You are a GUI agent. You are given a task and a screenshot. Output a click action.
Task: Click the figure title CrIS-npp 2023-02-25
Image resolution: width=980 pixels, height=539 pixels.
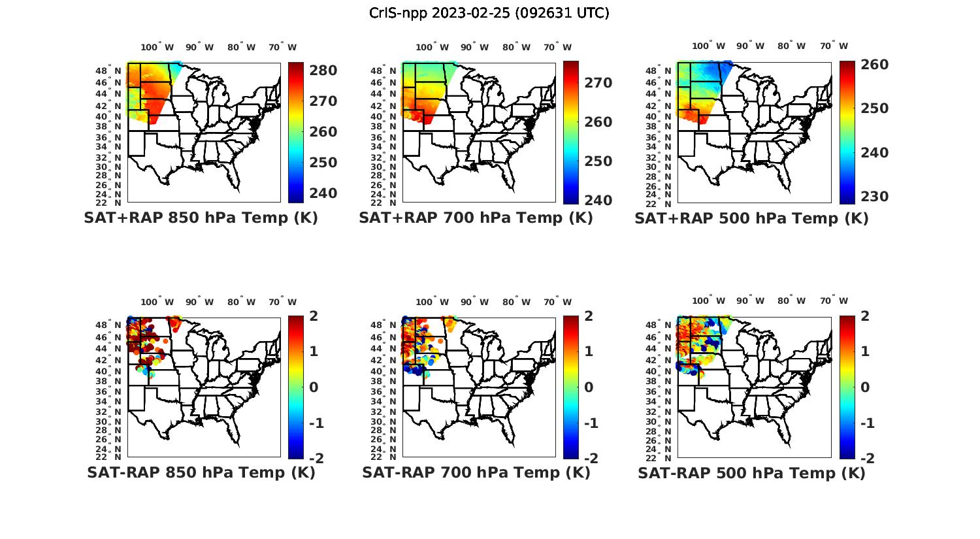pos(489,13)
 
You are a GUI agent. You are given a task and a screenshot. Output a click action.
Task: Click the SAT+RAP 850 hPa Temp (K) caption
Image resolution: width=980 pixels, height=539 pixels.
pos(201,218)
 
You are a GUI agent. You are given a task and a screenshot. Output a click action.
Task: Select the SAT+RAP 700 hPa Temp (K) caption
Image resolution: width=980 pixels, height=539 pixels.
pos(476,218)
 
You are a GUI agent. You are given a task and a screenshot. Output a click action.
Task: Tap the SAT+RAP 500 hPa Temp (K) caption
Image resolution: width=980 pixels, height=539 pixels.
pos(751,218)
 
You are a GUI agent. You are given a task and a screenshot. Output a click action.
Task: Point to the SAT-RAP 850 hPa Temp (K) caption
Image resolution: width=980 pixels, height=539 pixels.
pos(201,472)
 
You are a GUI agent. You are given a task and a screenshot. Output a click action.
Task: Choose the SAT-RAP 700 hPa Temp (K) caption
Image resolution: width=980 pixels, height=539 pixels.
pos(476,472)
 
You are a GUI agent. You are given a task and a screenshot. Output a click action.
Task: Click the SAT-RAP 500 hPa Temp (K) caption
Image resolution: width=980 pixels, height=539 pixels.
pos(751,473)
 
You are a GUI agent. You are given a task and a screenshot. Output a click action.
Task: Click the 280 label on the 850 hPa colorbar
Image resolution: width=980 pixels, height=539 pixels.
pos(323,71)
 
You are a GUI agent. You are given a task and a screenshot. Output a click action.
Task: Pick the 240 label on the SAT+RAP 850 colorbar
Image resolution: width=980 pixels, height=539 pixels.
pos(323,193)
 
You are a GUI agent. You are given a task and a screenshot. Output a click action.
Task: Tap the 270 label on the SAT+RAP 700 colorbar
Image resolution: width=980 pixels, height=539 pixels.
pos(598,83)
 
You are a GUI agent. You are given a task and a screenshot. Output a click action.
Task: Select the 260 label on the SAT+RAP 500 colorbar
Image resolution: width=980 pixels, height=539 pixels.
pos(874,64)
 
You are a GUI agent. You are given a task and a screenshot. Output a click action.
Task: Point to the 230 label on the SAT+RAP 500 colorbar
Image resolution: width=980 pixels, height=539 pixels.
pos(874,197)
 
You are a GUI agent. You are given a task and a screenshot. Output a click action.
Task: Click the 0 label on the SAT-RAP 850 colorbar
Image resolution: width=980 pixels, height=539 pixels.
pos(313,387)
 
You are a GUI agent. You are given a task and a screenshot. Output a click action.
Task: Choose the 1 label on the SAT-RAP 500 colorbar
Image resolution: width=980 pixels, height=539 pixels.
pos(865,351)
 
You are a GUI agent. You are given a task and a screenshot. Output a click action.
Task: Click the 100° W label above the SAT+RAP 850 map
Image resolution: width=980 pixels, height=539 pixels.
pos(157,47)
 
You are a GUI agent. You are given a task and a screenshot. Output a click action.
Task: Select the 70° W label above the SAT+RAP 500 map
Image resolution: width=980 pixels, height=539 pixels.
pos(834,46)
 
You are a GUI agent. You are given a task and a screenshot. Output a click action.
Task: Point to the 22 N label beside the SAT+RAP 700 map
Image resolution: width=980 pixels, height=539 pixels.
pos(392,203)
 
